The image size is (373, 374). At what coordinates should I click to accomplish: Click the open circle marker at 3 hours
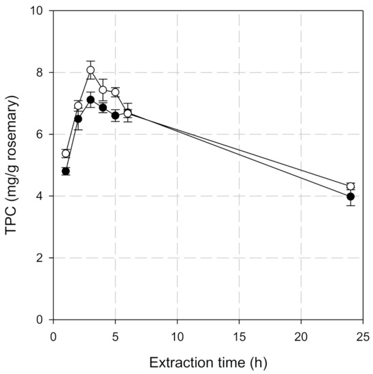[91, 70]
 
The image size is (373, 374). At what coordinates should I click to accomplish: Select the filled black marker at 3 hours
[91, 100]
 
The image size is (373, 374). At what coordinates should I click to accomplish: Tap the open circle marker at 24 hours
[351, 186]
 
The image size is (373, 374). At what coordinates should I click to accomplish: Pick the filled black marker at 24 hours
[351, 197]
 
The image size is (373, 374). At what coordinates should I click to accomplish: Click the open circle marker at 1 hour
[66, 154]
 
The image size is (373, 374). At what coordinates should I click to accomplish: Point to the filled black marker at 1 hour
[66, 171]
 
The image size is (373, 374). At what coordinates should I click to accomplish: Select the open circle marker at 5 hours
[116, 92]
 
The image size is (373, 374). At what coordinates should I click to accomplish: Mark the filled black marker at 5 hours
[116, 116]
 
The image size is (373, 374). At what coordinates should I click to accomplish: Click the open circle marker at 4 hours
[103, 90]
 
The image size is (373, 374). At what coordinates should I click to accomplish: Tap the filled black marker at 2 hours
[78, 119]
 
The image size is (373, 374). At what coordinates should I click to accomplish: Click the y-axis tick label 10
[39, 12]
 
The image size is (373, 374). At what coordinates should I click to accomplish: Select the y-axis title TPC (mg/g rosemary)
[12, 165]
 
